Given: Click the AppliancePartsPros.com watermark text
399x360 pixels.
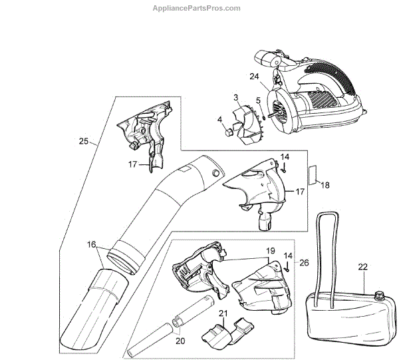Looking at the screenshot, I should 200,8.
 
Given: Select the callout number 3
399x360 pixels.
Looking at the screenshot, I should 235,98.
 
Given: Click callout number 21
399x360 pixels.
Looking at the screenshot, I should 223,313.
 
